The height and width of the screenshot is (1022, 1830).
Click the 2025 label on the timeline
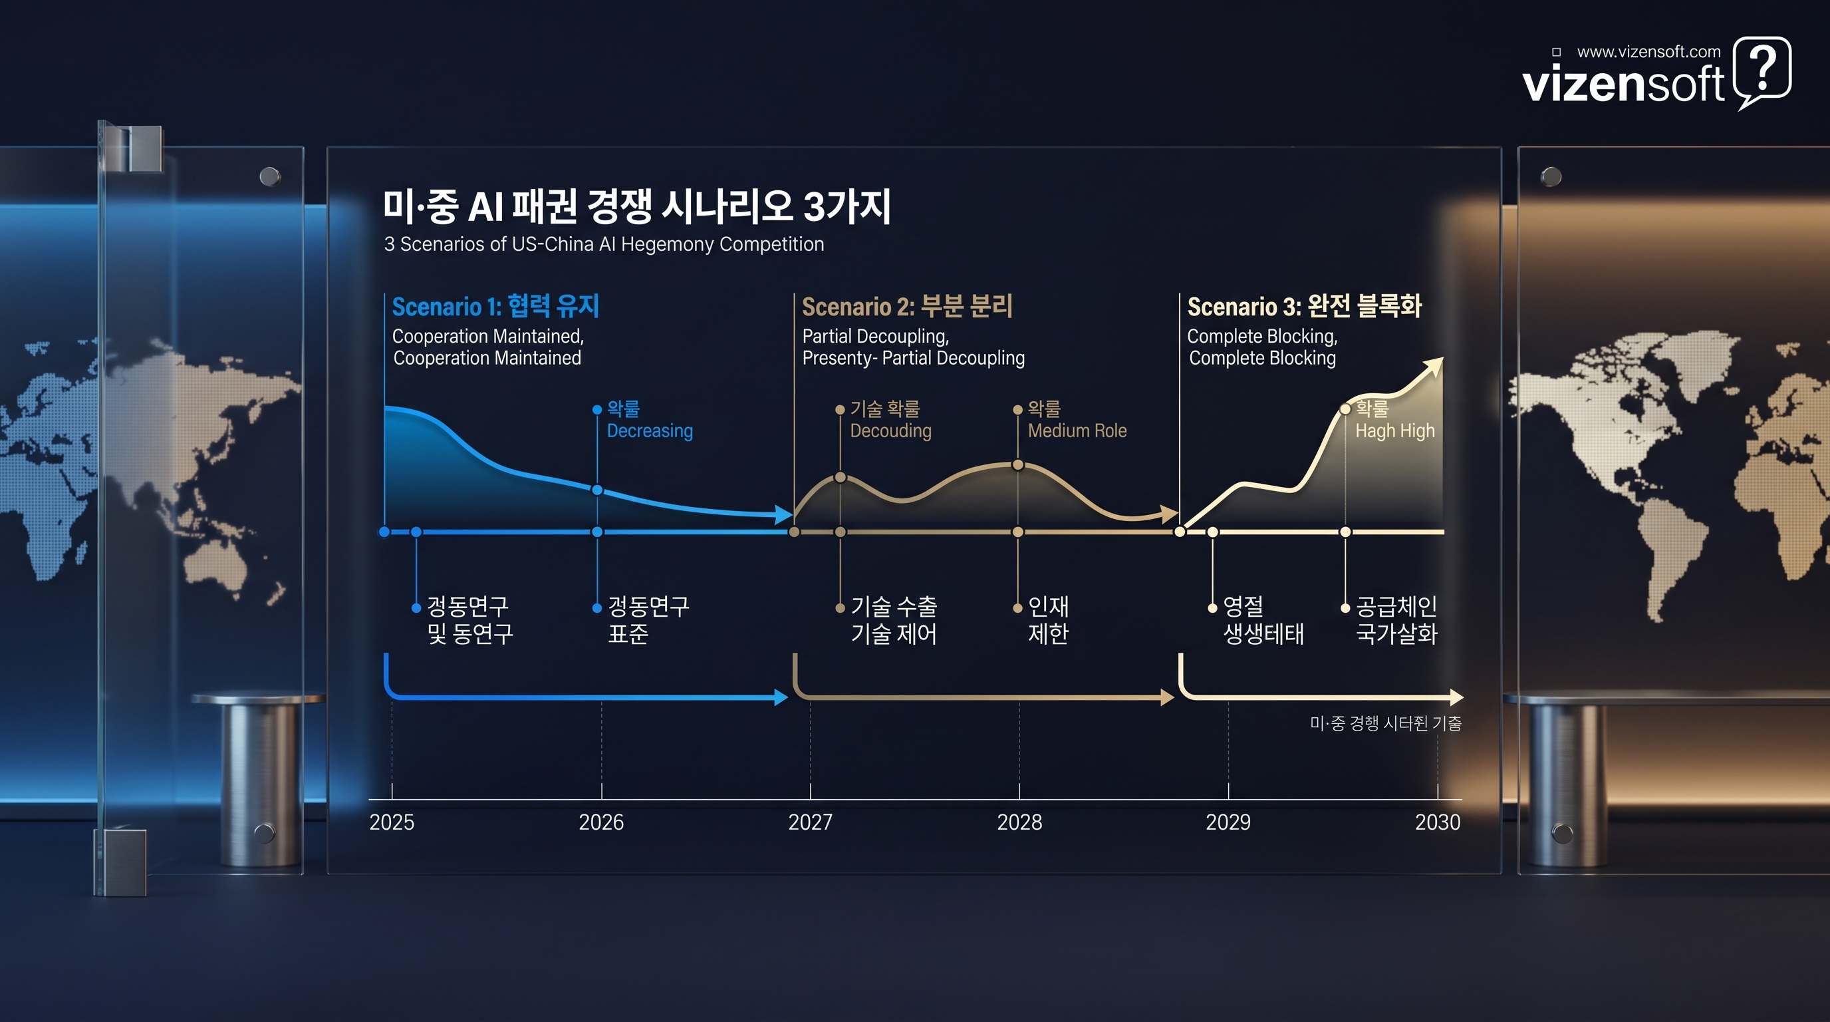pyautogui.click(x=392, y=822)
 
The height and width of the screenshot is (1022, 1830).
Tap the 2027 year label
pyautogui.click(x=810, y=822)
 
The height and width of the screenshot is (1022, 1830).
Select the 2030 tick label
pyautogui.click(x=1437, y=822)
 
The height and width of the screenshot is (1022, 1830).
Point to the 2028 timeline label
pyautogui.click(x=1019, y=822)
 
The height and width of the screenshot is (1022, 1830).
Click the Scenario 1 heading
pyautogui.click(x=495, y=306)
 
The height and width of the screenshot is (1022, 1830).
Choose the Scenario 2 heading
pyautogui.click(x=906, y=306)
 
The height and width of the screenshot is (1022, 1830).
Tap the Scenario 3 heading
pyautogui.click(x=1304, y=306)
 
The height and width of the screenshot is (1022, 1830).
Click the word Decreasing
pyautogui.click(x=649, y=430)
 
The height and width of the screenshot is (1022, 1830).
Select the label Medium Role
pyautogui.click(x=1077, y=430)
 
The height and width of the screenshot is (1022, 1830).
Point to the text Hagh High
pyautogui.click(x=1394, y=430)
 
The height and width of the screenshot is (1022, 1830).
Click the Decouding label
pyautogui.click(x=890, y=430)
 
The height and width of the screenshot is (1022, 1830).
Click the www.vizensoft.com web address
pyautogui.click(x=1648, y=52)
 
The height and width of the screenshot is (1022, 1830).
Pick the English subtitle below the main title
pyautogui.click(x=604, y=244)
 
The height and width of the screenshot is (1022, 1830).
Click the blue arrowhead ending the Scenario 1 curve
pyautogui.click(x=783, y=514)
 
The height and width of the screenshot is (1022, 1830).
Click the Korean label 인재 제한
pyautogui.click(x=1048, y=619)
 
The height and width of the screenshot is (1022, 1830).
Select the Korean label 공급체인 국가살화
pyautogui.click(x=1396, y=619)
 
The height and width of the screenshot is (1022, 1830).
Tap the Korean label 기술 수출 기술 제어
pyautogui.click(x=894, y=619)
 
